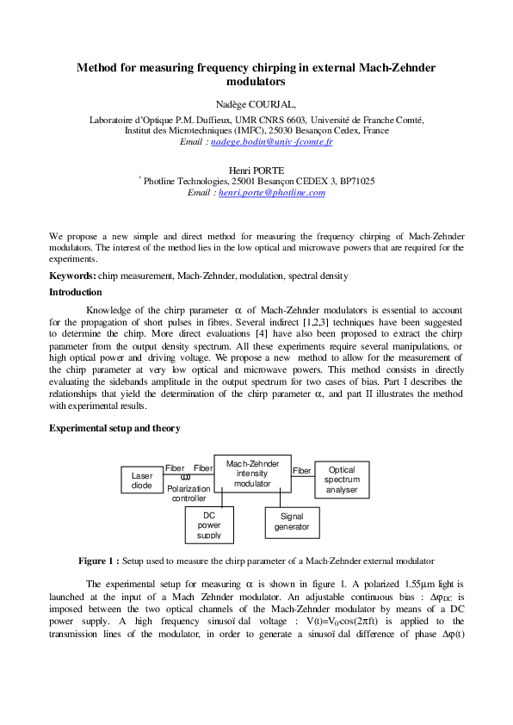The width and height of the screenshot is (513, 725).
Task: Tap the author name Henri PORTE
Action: [x=256, y=171]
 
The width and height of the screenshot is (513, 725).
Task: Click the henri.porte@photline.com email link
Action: [x=271, y=193]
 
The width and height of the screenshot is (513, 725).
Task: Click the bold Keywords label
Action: [x=71, y=276]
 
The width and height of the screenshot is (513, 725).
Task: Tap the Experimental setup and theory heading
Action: [x=114, y=427]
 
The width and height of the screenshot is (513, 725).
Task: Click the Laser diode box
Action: [x=142, y=480]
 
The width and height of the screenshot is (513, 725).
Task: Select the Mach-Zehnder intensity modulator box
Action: [x=252, y=474]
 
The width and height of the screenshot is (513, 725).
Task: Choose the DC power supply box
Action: [x=208, y=524]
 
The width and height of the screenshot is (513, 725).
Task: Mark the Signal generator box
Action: [x=292, y=521]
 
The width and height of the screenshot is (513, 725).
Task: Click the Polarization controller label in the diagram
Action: [x=189, y=493]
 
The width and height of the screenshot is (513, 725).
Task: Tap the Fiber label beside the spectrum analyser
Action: [x=302, y=471]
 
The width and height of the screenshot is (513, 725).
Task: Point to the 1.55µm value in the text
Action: [x=419, y=583]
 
